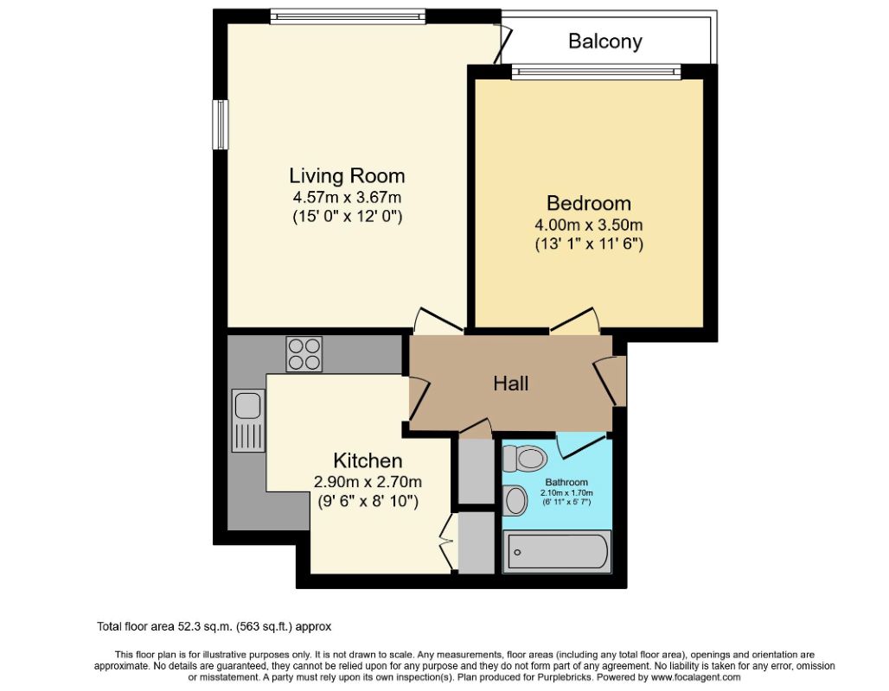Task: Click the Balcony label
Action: [x=605, y=41]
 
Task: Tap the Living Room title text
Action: [x=347, y=175]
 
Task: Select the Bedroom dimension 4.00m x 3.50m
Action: [x=589, y=225]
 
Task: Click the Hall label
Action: [x=511, y=384]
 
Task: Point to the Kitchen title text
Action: [x=368, y=460]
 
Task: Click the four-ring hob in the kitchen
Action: [x=304, y=354]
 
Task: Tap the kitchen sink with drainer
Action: [x=248, y=420]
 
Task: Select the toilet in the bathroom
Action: [x=524, y=458]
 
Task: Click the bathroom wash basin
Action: [x=515, y=501]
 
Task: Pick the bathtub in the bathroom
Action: [x=557, y=552]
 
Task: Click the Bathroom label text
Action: [x=566, y=482]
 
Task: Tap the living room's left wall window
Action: [x=221, y=124]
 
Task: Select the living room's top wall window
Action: [x=348, y=16]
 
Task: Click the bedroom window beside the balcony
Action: [x=597, y=72]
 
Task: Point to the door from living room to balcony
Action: [x=502, y=43]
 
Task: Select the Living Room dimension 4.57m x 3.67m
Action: [x=347, y=198]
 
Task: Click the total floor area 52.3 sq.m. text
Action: [x=214, y=626]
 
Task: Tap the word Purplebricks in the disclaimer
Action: [x=566, y=677]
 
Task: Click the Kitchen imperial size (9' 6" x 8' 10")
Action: [x=368, y=501]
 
